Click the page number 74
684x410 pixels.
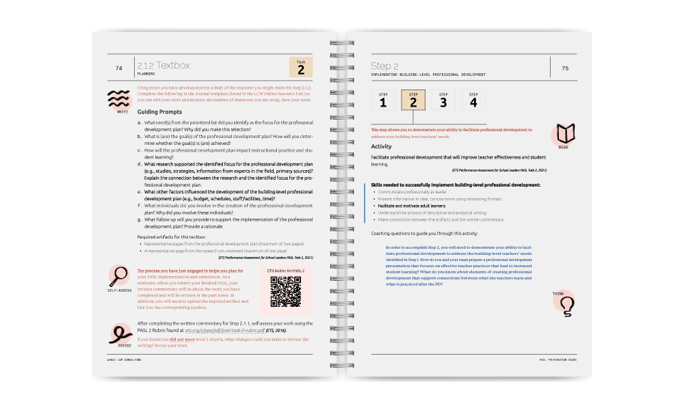pyautogui.click(x=118, y=68)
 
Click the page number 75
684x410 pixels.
pyautogui.click(x=564, y=68)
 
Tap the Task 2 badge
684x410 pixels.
pyautogui.click(x=300, y=66)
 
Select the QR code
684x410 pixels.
pyautogui.click(x=286, y=292)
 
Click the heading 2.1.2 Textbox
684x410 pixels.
pyautogui.click(x=163, y=66)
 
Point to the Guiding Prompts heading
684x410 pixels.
pyautogui.click(x=160, y=111)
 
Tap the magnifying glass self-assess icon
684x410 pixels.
pyautogui.click(x=120, y=275)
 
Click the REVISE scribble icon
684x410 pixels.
pyautogui.click(x=120, y=333)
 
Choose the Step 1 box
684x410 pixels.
pyautogui.click(x=383, y=100)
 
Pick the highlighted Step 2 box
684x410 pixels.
pyautogui.click(x=412, y=100)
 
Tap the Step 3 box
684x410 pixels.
pyautogui.click(x=443, y=100)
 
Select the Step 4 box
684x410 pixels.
pyautogui.click(x=473, y=100)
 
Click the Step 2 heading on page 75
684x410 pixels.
pyautogui.click(x=384, y=66)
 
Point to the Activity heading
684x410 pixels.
pyautogui.click(x=381, y=146)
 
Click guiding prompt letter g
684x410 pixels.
pyautogui.click(x=140, y=219)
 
